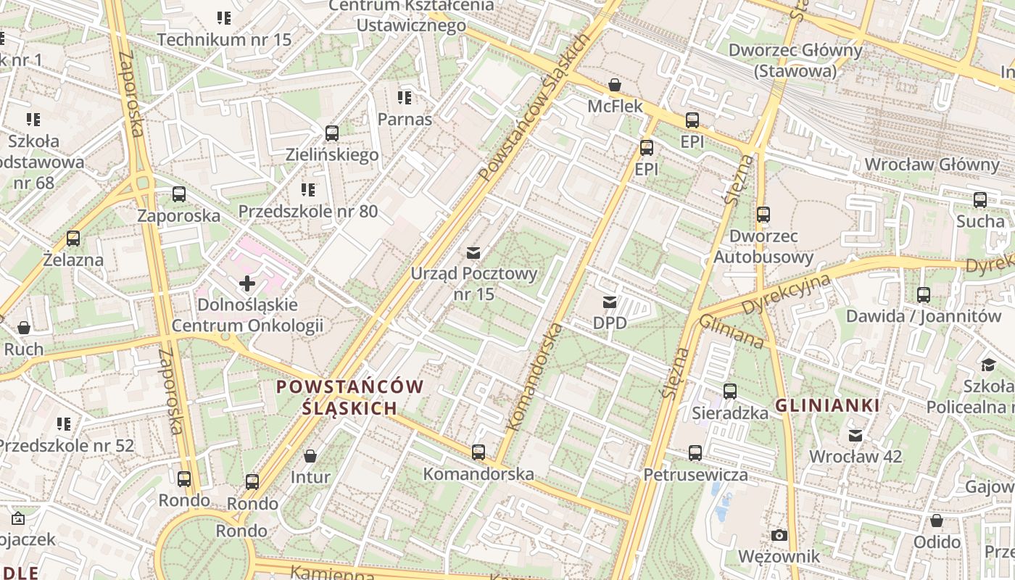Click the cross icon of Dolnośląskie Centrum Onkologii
pyautogui.click(x=247, y=283)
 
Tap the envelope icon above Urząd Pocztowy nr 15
pyautogui.click(x=473, y=252)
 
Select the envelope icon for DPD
pyautogui.click(x=610, y=302)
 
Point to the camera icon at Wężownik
pyautogui.click(x=779, y=535)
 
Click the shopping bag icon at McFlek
pyautogui.click(x=615, y=85)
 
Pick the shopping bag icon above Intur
pyautogui.click(x=310, y=456)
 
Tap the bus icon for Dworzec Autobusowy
pyautogui.click(x=763, y=215)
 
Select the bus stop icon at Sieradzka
pyautogui.click(x=730, y=391)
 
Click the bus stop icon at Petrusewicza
pyautogui.click(x=695, y=453)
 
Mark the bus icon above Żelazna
pyautogui.click(x=73, y=238)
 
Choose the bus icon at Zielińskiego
pyautogui.click(x=332, y=133)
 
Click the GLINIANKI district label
pyautogui.click(x=828, y=406)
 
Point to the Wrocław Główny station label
pyautogui.click(x=932, y=164)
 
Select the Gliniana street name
pyautogui.click(x=732, y=331)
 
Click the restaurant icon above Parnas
pyautogui.click(x=405, y=97)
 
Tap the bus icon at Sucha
pyautogui.click(x=980, y=199)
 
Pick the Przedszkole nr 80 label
pyautogui.click(x=308, y=212)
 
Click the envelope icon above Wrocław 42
pyautogui.click(x=855, y=435)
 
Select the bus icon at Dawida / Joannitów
pyautogui.click(x=924, y=295)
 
